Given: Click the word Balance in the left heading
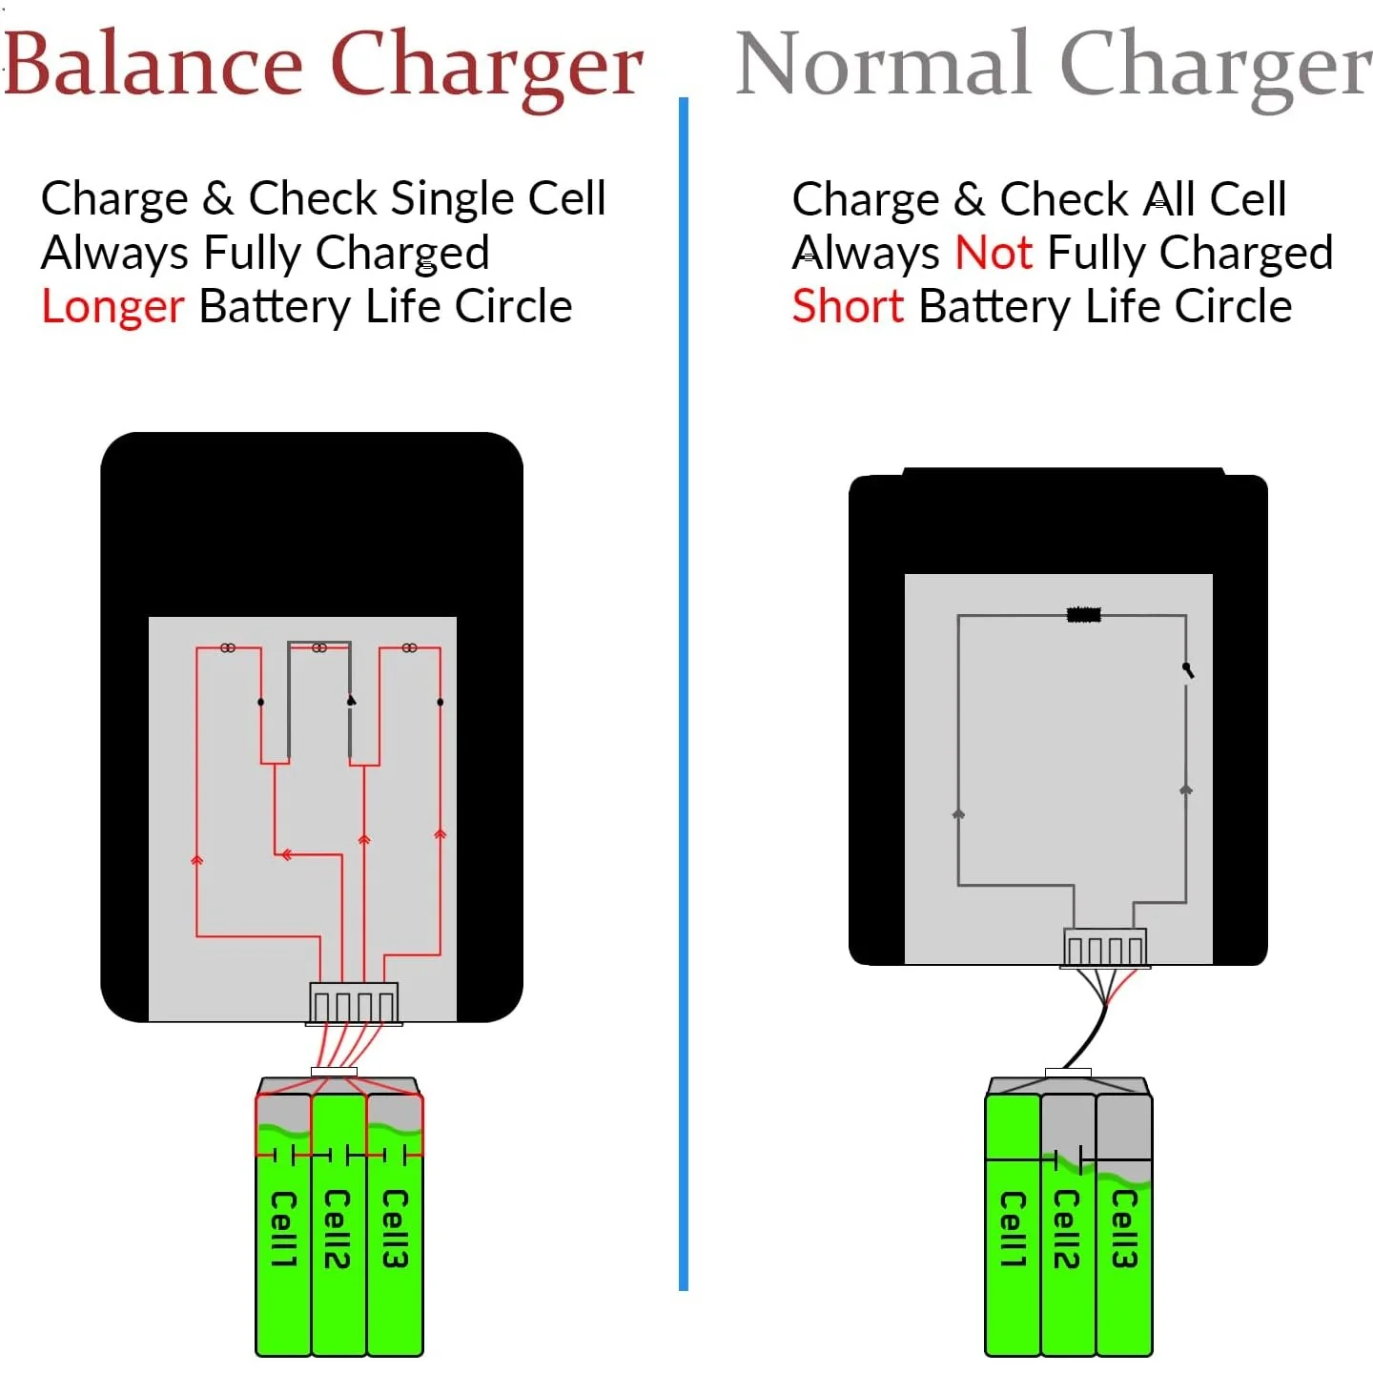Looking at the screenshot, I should pyautogui.click(x=153, y=65).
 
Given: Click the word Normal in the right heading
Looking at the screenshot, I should pyautogui.click(x=883, y=65).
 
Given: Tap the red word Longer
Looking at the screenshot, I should pyautogui.click(x=113, y=307).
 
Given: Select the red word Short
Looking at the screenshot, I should pyautogui.click(x=848, y=307).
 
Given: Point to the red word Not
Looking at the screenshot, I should pyautogui.click(x=994, y=254).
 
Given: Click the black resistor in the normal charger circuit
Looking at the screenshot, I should pyautogui.click(x=1083, y=615).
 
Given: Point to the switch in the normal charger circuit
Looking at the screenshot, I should pyautogui.click(x=1188, y=670).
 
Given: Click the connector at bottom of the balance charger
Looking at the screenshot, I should pyautogui.click(x=354, y=1003).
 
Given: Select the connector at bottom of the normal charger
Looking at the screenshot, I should pyautogui.click(x=1105, y=949).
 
